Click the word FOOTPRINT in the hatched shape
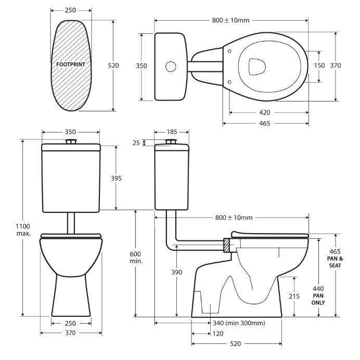[71, 66]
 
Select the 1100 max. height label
[23, 229]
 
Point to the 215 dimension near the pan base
[295, 296]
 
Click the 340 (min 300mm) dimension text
[237, 323]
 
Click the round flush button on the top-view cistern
[170, 67]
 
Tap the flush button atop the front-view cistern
[71, 142]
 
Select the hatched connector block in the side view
[227, 245]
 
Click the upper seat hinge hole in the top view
[229, 50]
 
